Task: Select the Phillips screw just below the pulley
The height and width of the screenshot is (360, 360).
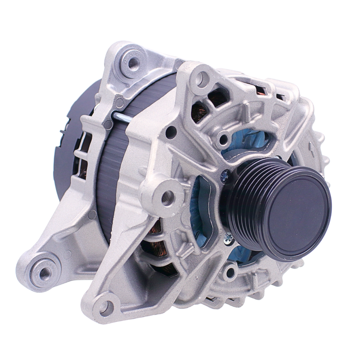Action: (x=229, y=239)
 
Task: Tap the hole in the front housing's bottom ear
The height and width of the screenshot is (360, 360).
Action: (x=105, y=307)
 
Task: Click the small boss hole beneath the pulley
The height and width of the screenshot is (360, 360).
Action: (x=230, y=272)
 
